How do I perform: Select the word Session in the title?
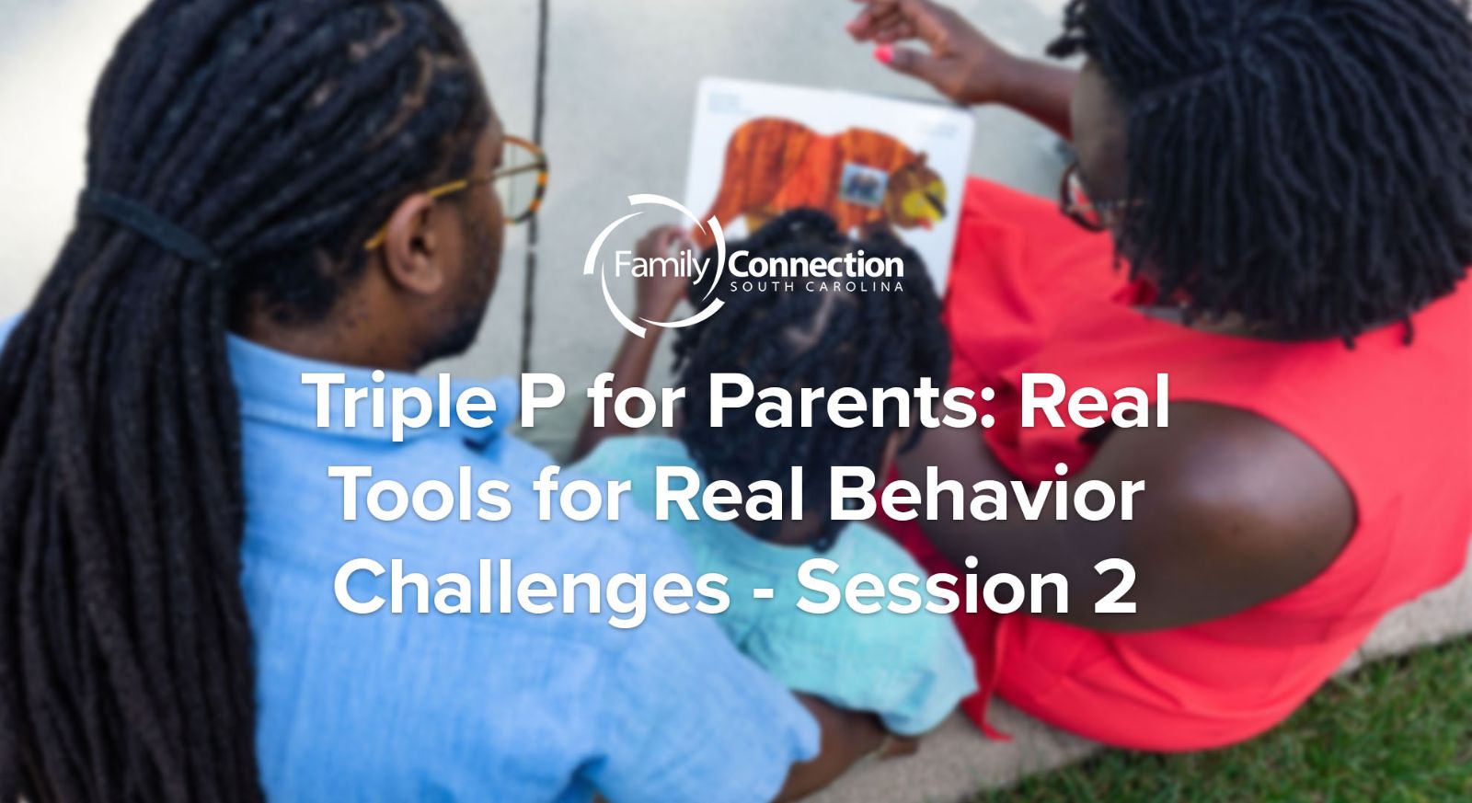pos(933,586)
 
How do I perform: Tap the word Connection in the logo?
pos(815,266)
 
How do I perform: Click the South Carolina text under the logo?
pos(815,286)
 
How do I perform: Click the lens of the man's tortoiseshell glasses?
pos(523,180)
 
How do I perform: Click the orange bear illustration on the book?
pos(829,171)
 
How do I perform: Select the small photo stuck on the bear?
pos(864,183)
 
